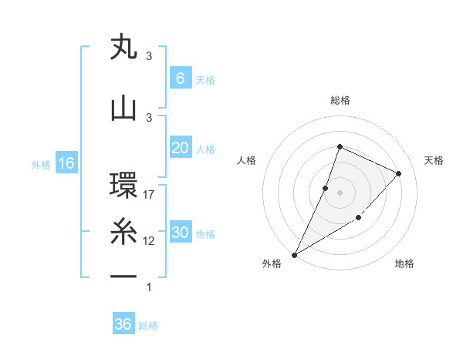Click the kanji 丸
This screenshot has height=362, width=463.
click(x=123, y=47)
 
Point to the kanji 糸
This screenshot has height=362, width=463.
click(x=123, y=232)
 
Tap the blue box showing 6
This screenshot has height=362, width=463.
click(x=180, y=79)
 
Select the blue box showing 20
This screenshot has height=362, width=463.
click(x=180, y=148)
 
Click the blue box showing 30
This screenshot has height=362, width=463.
click(x=180, y=233)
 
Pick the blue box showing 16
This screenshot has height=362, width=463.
click(x=66, y=163)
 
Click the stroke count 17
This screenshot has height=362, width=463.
click(x=150, y=195)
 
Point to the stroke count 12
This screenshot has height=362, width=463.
click(x=150, y=241)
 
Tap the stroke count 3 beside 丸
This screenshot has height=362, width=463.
click(x=149, y=56)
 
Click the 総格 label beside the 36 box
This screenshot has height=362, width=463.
click(x=148, y=326)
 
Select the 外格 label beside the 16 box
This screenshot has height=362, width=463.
click(x=41, y=164)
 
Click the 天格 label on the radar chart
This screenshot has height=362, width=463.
click(x=434, y=160)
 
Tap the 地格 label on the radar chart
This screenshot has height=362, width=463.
click(x=404, y=263)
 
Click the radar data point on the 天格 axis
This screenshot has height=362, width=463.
click(x=399, y=173)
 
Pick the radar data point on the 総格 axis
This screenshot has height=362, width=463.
click(x=340, y=146)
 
